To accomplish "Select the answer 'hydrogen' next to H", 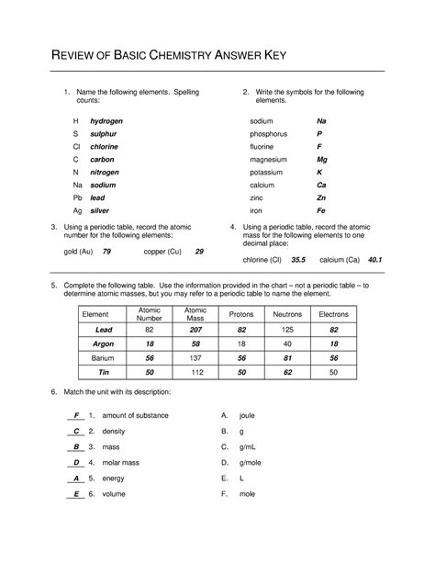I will (x=106, y=121).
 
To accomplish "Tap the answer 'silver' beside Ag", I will (x=100, y=210).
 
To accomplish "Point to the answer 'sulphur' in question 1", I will (x=104, y=134).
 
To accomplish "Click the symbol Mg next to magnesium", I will (x=322, y=159).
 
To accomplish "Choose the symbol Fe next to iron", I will (x=321, y=210).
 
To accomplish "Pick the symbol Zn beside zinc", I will (x=321, y=197).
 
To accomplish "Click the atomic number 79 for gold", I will (x=107, y=251).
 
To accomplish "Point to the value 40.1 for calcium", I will (x=374, y=260).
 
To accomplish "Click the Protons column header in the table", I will (x=241, y=314).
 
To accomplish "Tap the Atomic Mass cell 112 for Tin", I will (x=195, y=372).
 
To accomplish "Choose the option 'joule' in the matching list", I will (x=247, y=415).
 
